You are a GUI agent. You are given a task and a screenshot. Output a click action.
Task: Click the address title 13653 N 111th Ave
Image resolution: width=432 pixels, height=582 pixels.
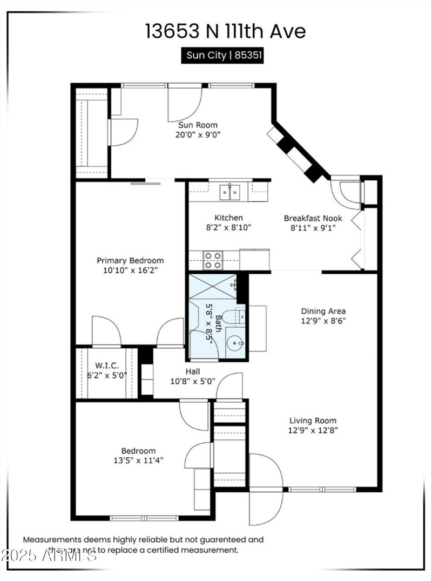225,31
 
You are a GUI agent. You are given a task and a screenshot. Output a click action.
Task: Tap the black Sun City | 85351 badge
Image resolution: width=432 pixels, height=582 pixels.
222,55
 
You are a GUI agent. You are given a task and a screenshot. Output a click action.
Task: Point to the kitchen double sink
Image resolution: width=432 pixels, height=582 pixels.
230,192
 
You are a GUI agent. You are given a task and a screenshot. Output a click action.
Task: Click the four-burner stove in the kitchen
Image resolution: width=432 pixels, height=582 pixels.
213,260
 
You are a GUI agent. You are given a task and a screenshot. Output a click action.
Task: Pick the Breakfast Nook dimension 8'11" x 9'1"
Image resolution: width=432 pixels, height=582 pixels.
310,228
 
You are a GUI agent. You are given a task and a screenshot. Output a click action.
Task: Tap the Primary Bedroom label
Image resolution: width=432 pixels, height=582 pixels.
130,260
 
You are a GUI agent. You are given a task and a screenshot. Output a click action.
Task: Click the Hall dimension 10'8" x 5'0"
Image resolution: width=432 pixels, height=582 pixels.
192,381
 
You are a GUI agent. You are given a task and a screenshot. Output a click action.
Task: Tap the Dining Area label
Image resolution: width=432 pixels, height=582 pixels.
323,311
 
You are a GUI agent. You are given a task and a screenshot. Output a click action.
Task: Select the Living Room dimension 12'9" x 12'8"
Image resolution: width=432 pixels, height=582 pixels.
313,430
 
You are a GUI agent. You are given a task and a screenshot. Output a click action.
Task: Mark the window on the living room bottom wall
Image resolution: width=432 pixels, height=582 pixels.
322,489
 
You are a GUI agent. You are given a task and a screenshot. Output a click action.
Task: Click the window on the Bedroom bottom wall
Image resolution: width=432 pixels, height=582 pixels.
137,518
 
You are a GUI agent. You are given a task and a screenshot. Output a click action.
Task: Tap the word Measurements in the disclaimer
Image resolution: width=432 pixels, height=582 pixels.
51,539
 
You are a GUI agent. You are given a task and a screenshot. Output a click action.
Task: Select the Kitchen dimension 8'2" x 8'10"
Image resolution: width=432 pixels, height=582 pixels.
229,227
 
